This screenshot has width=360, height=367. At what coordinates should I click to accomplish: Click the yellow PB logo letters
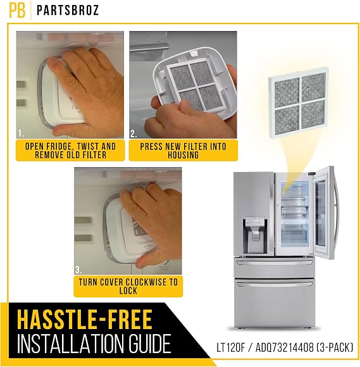tap(17, 10)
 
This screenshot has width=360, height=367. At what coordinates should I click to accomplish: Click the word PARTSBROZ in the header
tap(68, 10)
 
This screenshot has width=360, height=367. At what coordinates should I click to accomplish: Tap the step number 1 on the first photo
tap(21, 134)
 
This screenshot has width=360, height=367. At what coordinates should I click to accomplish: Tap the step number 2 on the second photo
tap(133, 134)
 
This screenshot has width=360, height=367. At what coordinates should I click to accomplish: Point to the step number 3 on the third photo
tap(78, 270)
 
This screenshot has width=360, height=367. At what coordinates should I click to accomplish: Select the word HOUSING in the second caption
tap(183, 155)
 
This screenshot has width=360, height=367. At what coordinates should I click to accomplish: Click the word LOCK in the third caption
tap(128, 291)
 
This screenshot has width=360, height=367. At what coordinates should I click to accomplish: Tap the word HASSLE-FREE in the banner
tap(85, 320)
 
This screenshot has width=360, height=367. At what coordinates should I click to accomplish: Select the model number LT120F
tap(230, 348)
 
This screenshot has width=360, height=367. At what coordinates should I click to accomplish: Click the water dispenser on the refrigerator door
tap(254, 235)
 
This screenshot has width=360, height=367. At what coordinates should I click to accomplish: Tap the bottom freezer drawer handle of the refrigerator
tap(275, 284)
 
